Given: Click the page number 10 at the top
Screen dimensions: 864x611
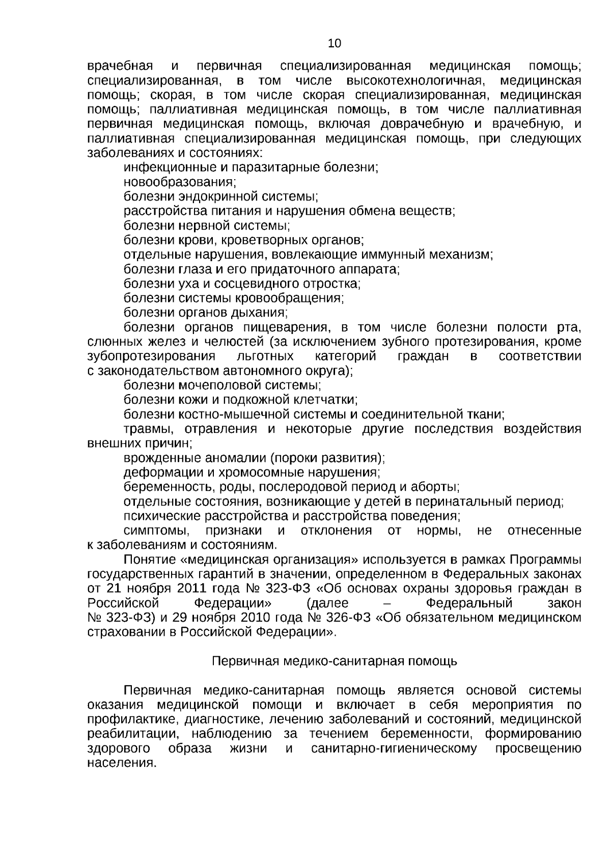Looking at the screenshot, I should pos(335,44).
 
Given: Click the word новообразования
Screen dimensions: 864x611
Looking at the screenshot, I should pos(179,182).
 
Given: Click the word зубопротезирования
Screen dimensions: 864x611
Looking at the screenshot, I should pos(151,356).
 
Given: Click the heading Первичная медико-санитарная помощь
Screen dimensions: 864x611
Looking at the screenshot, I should pos(334,661).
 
